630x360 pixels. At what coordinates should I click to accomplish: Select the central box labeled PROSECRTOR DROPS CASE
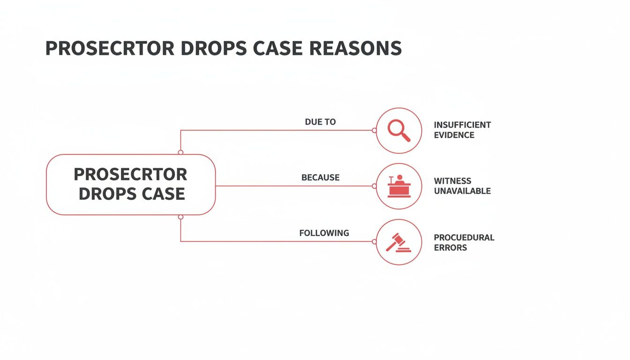131,184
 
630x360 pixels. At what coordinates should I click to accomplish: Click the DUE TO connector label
320,122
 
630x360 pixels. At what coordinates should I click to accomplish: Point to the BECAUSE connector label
320,178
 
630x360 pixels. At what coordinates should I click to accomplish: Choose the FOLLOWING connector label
324,233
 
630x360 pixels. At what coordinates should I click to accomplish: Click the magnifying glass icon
399,130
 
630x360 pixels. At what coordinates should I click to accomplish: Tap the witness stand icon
399,186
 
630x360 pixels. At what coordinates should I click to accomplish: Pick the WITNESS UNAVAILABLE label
462,186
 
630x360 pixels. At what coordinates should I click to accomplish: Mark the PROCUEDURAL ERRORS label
464,242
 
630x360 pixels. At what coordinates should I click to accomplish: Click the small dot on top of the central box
180,152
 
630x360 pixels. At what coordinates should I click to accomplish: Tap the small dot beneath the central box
180,217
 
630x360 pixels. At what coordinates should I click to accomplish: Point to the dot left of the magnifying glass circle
374,130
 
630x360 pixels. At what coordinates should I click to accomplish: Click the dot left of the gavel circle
374,242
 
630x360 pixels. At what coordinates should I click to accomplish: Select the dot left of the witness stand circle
374,186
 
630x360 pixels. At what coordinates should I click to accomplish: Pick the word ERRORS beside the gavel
450,247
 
